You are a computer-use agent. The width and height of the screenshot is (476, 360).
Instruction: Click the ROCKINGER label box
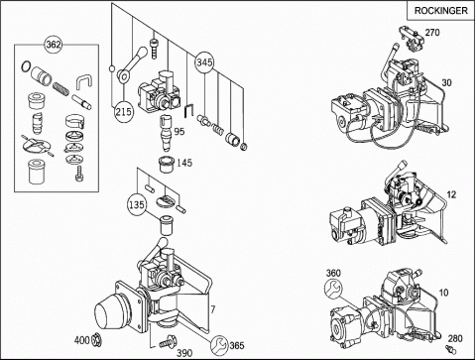tap(441, 10)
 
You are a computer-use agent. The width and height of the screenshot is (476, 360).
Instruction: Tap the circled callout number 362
tap(54, 44)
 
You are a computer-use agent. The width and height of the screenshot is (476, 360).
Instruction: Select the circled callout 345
tap(204, 62)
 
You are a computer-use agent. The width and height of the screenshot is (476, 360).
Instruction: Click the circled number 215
tap(124, 112)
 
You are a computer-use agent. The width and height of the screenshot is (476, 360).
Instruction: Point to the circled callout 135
tap(137, 205)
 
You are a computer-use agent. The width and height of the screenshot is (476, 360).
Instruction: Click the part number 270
tap(432, 33)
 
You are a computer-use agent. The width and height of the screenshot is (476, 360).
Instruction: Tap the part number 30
tap(446, 82)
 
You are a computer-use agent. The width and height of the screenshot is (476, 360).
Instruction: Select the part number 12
tap(451, 194)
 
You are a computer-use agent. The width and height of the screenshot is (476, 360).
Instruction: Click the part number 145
tap(184, 163)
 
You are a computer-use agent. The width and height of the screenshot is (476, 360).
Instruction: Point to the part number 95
tap(179, 132)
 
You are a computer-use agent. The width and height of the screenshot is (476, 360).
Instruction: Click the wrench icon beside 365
tap(219, 344)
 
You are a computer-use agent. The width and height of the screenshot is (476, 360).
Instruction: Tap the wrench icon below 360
tap(333, 288)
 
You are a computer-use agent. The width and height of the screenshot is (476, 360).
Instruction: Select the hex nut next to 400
tap(96, 339)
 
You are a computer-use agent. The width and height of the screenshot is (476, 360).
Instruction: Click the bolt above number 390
tap(168, 342)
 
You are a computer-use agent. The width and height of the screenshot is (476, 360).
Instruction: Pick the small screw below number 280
tap(450, 349)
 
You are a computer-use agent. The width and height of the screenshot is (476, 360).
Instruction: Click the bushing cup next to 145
tap(167, 165)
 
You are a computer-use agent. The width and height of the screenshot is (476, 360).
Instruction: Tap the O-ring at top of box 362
tap(26, 66)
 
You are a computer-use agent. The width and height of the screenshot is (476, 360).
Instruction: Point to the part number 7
tap(213, 309)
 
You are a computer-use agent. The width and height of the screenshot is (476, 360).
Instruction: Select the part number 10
tap(443, 293)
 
